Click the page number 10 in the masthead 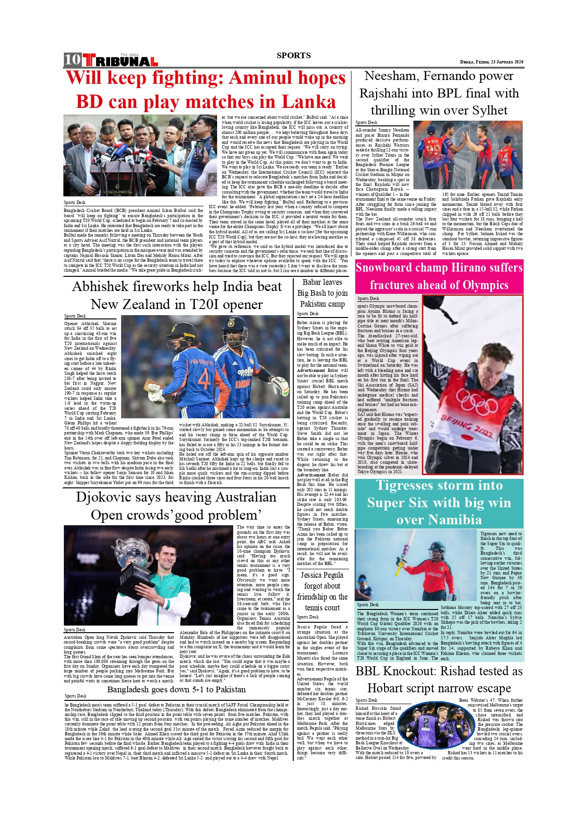click(73, 60)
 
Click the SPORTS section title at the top click(294, 55)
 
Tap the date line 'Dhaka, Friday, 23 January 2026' click(491, 62)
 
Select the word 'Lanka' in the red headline click(310, 102)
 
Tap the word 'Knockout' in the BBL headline click(404, 671)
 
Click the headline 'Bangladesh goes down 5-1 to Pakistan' click(176, 689)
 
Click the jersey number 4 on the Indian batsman click(203, 379)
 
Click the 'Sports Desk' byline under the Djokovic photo click(75, 630)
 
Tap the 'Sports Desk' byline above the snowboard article click(368, 299)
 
